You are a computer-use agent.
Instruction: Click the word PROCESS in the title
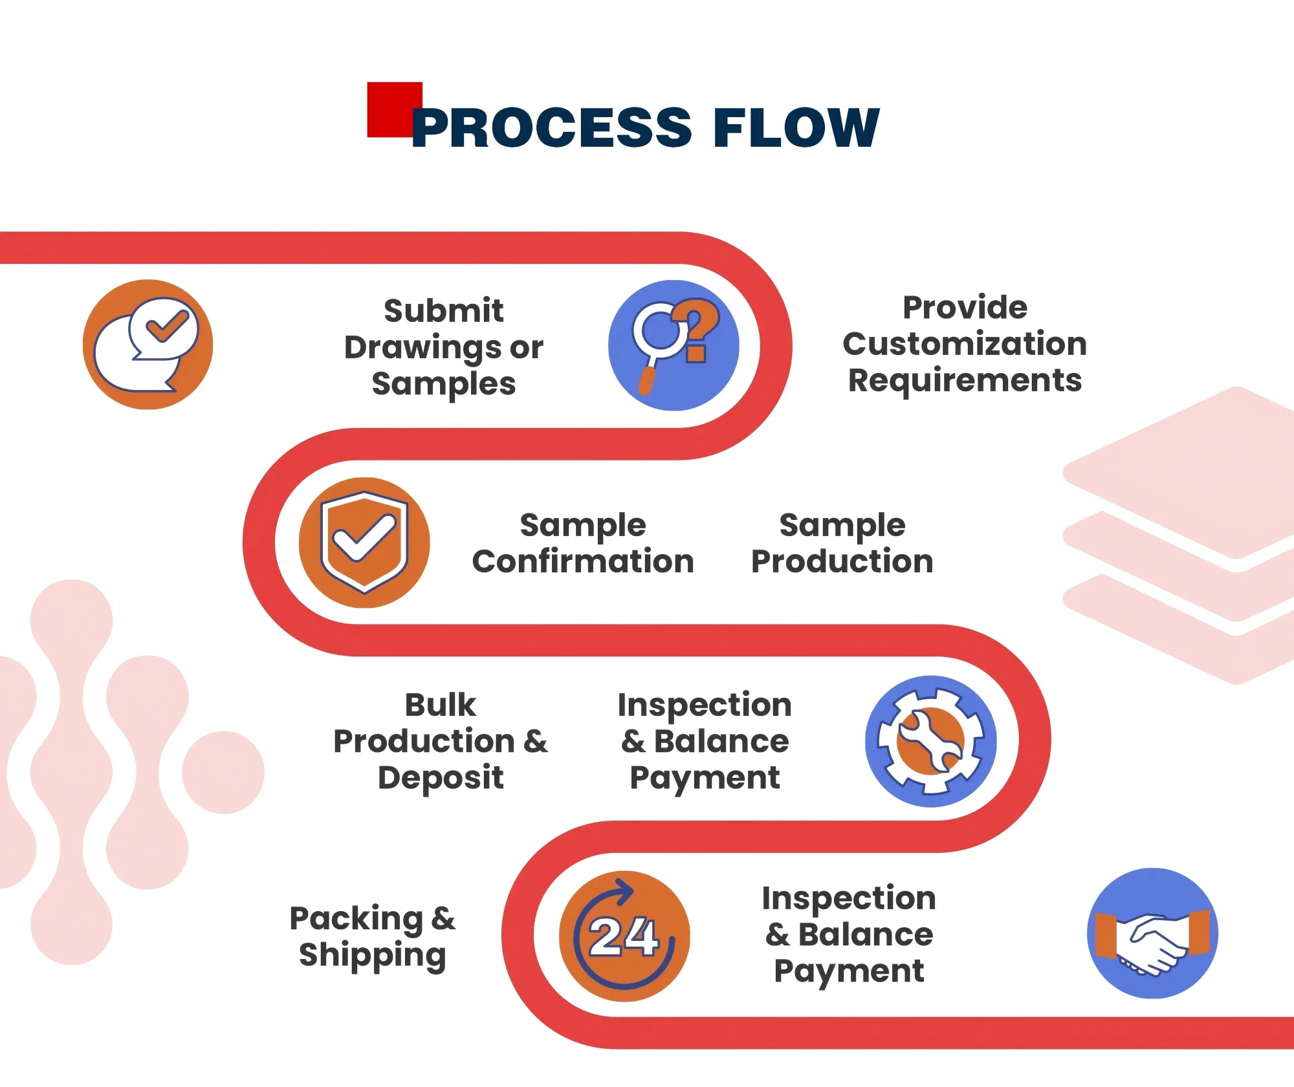pos(552,127)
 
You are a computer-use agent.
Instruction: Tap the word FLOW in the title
pos(795,127)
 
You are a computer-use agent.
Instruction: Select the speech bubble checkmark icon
pos(148,344)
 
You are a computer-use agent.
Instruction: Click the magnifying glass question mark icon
pos(673,345)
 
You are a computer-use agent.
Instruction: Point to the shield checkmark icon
pos(364,543)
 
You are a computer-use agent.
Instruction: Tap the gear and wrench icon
pos(930,741)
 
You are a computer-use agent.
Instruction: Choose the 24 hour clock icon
pos(624,936)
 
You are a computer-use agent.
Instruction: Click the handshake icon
pos(1152,933)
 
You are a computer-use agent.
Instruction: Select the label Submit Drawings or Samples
pos(444,347)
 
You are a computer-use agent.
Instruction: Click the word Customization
pos(964,343)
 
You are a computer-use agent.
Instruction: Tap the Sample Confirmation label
pos(582,543)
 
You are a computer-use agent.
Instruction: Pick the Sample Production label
pos(842,543)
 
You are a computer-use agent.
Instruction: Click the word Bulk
pos(440,704)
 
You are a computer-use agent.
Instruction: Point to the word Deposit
pos(441,777)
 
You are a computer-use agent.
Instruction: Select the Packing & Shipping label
pos(373,936)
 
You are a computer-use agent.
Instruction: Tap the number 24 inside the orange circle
pos(623,936)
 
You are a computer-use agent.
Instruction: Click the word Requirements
pos(964,380)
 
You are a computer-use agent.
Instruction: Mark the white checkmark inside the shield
pos(364,538)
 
